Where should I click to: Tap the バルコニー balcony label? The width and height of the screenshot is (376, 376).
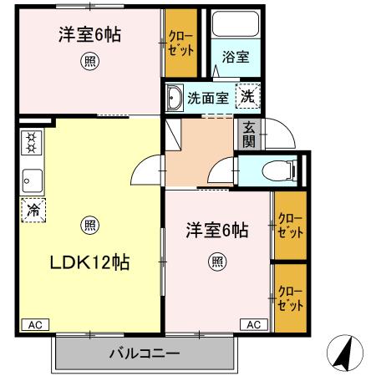(144, 353)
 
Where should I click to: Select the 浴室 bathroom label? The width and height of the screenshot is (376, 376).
(235, 58)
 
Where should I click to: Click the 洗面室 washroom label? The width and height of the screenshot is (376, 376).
(207, 98)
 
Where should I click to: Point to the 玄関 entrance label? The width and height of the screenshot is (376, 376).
(249, 135)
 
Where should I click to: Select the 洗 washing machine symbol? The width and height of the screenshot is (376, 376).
(247, 96)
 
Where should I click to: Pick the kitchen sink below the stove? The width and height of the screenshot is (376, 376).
(32, 177)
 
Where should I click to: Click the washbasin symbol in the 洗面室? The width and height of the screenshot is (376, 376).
(175, 99)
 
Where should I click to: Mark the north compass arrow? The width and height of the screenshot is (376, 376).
(344, 353)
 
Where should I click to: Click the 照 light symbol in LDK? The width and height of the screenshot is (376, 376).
(88, 224)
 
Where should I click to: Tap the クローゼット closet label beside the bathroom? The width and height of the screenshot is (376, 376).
(180, 43)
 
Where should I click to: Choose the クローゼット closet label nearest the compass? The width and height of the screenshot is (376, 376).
(290, 298)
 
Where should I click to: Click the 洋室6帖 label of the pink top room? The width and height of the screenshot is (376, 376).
(89, 35)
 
